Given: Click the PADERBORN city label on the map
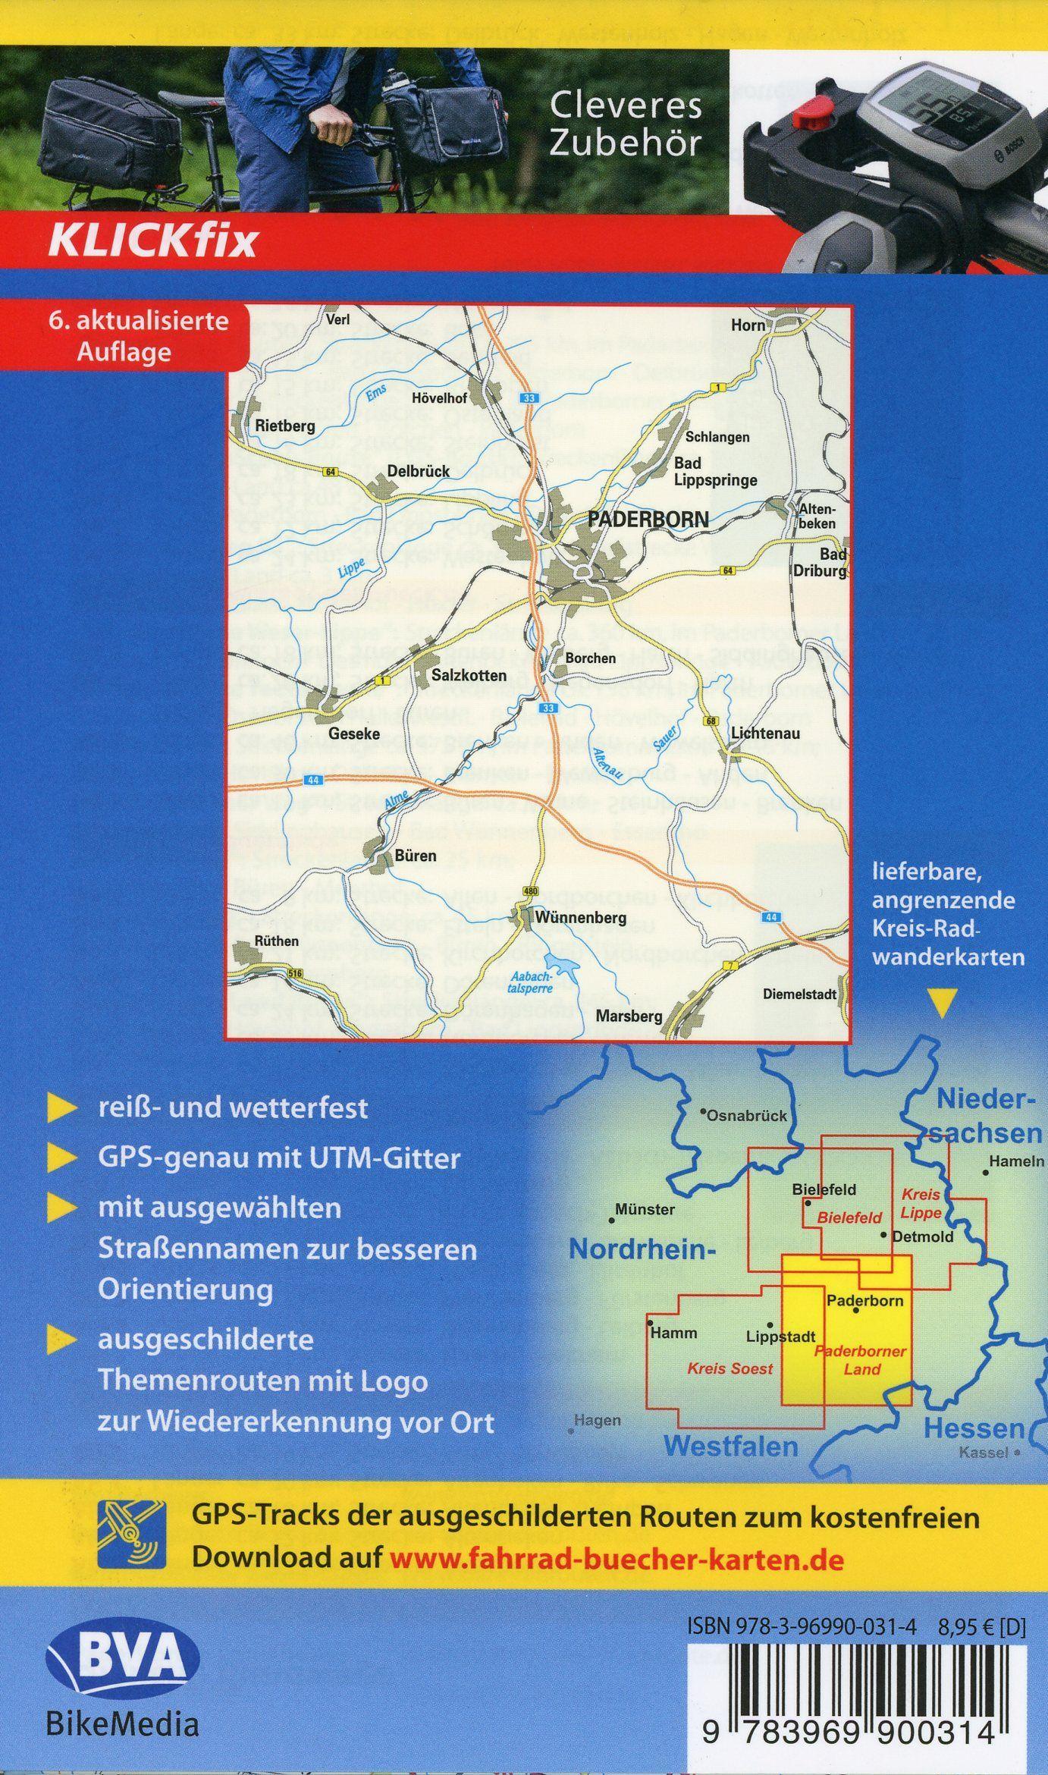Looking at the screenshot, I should click(x=648, y=519).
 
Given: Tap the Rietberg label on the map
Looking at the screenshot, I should click(x=284, y=426).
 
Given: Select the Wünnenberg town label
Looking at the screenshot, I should click(x=580, y=918).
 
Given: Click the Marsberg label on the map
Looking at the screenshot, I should click(x=629, y=1015).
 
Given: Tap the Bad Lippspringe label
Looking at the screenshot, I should click(x=715, y=471).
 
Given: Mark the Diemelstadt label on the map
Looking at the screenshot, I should click(x=799, y=994).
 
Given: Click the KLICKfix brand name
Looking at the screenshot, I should click(x=152, y=242).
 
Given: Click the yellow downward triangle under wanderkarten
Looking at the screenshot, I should click(x=943, y=1006).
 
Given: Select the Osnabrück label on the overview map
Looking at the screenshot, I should click(x=746, y=1116).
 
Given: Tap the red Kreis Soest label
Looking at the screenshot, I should click(x=730, y=1368).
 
